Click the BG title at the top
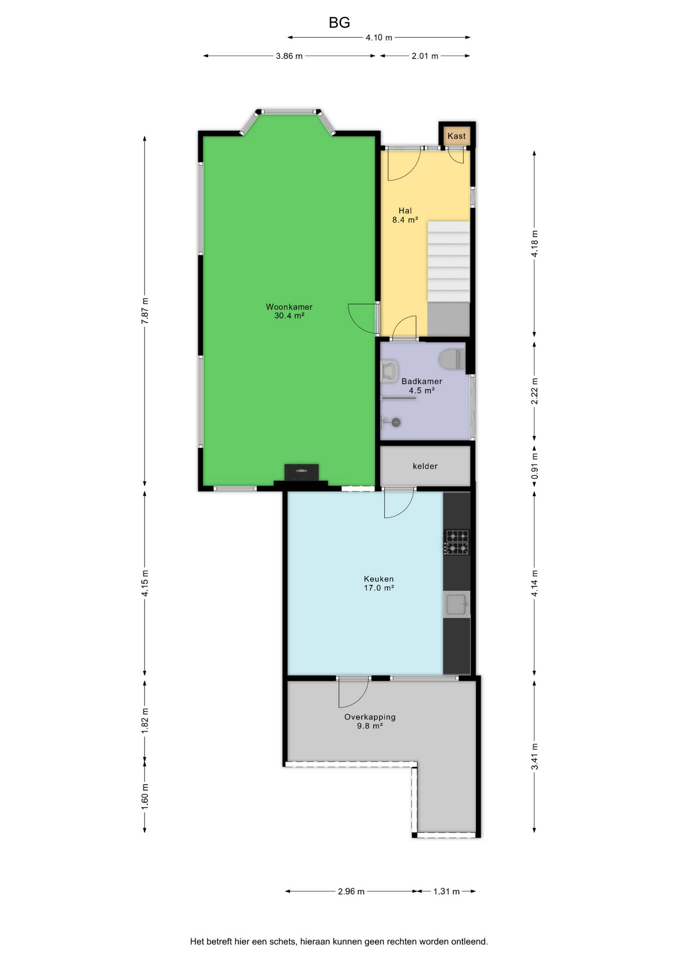339,22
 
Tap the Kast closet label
456,136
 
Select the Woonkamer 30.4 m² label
289,311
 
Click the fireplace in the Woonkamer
301,473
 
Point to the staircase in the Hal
448,262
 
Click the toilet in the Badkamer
452,359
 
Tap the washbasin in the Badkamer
389,371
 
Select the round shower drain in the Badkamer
396,423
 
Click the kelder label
425,466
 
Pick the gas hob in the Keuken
457,542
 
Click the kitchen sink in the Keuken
456,604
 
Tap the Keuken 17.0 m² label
378,583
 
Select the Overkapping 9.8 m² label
370,721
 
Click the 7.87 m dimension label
145,311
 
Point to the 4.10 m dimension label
379,37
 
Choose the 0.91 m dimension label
534,466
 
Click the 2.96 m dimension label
351,892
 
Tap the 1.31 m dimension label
446,892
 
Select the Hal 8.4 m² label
405,215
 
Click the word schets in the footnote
283,942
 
